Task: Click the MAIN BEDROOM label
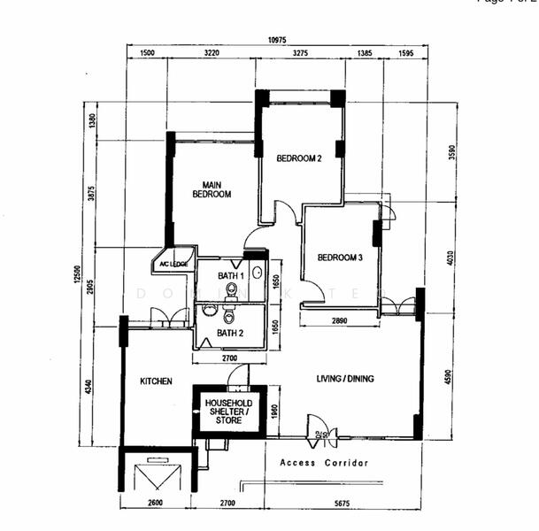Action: pos(212,189)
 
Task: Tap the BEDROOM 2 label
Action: pos(298,158)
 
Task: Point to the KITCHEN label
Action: pos(155,381)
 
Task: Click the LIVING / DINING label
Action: pos(345,379)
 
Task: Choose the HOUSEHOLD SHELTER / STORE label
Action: pos(228,412)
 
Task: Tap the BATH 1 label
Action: pos(231,277)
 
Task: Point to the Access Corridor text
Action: pos(324,463)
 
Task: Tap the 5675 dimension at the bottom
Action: pos(343,504)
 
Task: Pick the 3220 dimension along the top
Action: pos(211,54)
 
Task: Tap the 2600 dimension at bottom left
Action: pos(157,504)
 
